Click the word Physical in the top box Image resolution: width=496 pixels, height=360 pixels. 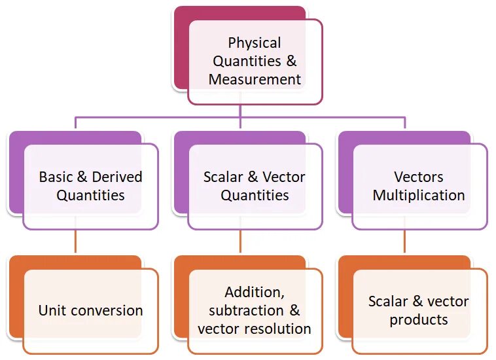coord(255,43)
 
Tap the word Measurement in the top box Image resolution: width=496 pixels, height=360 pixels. coord(255,80)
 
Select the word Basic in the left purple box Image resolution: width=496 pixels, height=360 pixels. coord(56,177)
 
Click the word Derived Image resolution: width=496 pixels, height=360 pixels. coord(117,177)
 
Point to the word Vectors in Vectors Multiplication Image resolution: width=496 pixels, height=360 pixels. coord(419,177)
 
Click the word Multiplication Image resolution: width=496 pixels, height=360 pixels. coord(419,195)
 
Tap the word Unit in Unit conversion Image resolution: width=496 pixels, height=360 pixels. coord(51,310)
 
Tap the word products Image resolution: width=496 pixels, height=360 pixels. coord(419,320)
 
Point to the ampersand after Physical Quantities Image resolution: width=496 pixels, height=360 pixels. coord(291,62)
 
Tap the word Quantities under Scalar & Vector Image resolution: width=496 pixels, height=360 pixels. coord(255,195)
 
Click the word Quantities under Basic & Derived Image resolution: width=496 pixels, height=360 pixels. coord(90,195)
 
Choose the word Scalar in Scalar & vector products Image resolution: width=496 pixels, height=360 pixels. coord(388,302)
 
